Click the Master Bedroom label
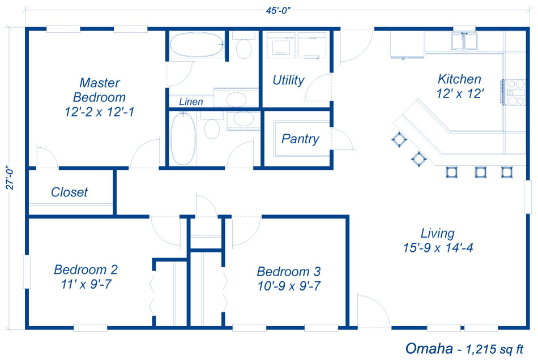pos(99,90)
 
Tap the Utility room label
pos(288,80)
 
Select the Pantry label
pos(300,139)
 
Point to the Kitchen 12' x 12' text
pos(459,86)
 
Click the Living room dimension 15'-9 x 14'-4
pos(437,247)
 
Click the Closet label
pos(69,192)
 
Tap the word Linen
pos(191,102)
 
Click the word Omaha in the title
pos(428,348)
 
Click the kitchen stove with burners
pos(515,92)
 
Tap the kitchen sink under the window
pos(464,41)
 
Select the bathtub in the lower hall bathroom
pos(183,139)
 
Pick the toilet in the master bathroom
pos(244,49)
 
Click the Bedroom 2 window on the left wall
pos(26,272)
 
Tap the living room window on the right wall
pos(528,196)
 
